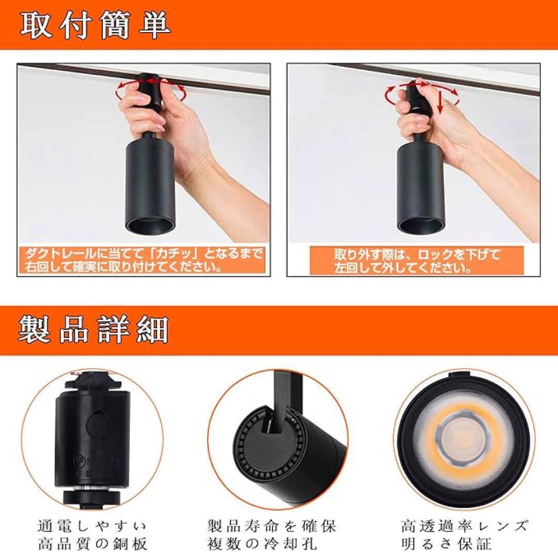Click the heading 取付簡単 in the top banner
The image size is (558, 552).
[x=95, y=25]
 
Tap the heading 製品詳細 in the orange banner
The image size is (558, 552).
[x=93, y=330]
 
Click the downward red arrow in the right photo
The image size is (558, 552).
[x=441, y=101]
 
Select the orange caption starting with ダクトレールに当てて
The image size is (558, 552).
[x=143, y=260]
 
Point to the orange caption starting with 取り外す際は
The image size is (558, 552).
[x=417, y=261]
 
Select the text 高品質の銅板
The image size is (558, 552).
[x=92, y=543]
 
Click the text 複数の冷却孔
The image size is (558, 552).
[x=262, y=543]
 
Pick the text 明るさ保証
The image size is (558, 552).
[x=446, y=543]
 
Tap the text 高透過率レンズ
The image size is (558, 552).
[x=464, y=526]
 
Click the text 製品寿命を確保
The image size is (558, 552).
[x=271, y=526]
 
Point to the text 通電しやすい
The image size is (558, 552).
[x=92, y=526]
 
